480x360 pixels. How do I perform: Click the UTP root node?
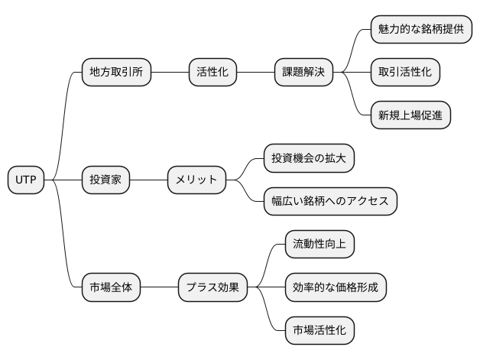[26, 180]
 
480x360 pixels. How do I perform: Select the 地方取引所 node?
[116, 73]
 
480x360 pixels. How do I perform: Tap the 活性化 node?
[212, 73]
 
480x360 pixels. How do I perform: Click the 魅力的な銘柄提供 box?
[420, 30]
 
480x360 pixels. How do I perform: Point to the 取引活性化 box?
[404, 73]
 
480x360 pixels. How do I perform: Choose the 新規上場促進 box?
[410, 115]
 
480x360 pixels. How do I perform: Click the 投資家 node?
[105, 180]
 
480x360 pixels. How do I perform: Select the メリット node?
[196, 180]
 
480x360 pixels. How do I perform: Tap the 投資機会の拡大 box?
[309, 159]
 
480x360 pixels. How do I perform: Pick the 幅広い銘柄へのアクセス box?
[329, 202]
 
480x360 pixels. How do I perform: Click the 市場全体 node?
[111, 288]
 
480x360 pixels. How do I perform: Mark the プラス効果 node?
[212, 288]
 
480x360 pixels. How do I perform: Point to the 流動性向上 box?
[319, 245]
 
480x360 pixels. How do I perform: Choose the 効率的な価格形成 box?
[335, 288]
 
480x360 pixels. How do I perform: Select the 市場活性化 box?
[319, 331]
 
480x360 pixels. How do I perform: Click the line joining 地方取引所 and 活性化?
[170, 73]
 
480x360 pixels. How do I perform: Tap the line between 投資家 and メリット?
[148, 180]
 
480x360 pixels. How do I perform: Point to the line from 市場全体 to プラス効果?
[159, 288]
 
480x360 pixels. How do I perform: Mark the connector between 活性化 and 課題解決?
[255, 73]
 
